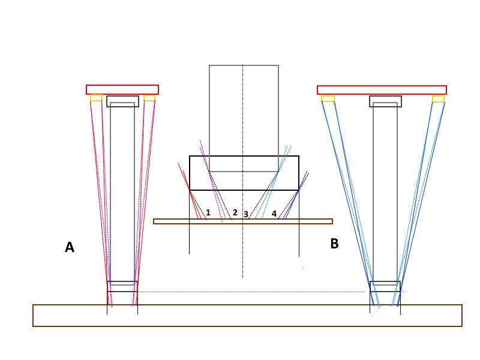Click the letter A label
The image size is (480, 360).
[x=70, y=247]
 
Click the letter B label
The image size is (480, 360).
[x=334, y=244]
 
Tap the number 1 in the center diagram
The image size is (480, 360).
[x=208, y=212]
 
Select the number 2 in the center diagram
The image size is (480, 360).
[x=235, y=212]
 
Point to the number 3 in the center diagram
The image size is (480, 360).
[x=246, y=214]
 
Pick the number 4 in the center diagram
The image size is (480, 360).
[x=274, y=213]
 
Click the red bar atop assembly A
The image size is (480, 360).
[x=122, y=89]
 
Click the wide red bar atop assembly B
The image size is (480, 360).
[x=382, y=90]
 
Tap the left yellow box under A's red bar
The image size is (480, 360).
[x=96, y=98]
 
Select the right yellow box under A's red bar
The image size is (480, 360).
[x=149, y=98]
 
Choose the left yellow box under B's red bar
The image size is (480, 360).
[x=328, y=98]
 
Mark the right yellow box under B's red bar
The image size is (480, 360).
[x=439, y=98]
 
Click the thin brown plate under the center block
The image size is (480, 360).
[x=243, y=221]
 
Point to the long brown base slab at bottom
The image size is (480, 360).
[x=247, y=316]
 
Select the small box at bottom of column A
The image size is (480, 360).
[x=122, y=286]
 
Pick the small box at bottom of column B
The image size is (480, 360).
[x=385, y=286]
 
